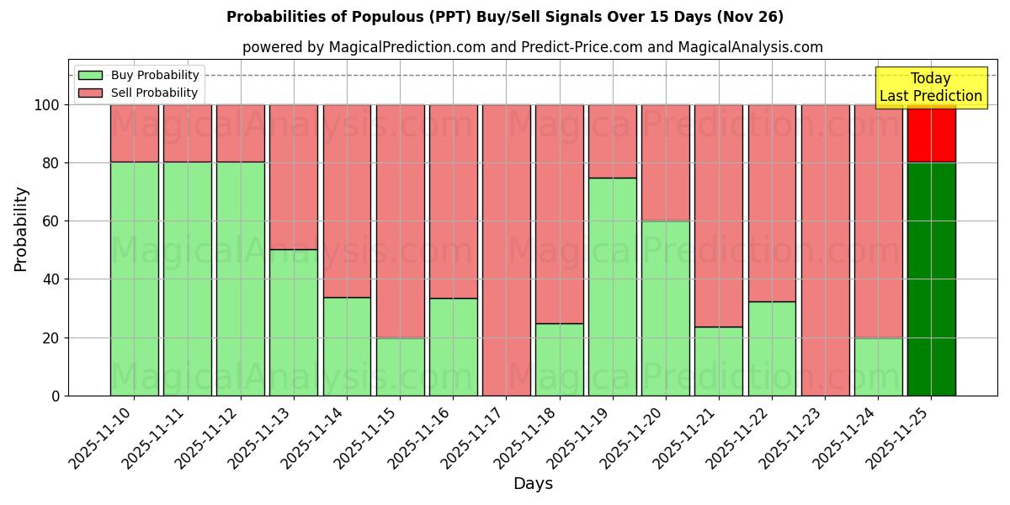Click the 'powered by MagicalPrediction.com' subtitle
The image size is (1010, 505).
[532, 47]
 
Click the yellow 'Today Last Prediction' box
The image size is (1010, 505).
[930, 88]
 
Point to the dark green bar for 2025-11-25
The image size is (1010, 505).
[931, 279]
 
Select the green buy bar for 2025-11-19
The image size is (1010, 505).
[612, 286]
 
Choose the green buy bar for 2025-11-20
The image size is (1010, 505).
[665, 308]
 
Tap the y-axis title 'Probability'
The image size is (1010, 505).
[21, 228]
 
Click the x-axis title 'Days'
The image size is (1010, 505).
[532, 484]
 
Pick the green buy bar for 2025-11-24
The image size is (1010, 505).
[878, 366]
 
